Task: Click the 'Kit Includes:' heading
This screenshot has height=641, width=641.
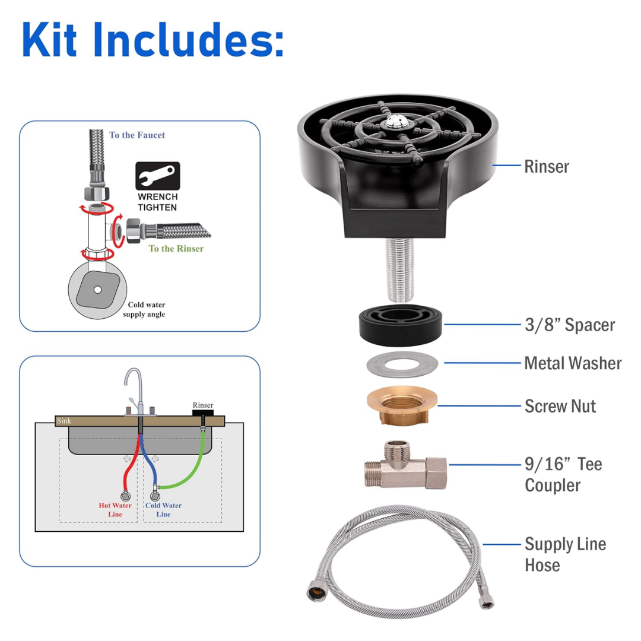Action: click(x=153, y=40)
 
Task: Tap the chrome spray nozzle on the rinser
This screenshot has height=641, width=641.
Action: click(x=396, y=122)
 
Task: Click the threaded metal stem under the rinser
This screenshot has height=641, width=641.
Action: click(x=400, y=270)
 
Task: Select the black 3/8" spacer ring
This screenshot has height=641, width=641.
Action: click(x=401, y=325)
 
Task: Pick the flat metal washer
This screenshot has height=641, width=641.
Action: click(x=402, y=364)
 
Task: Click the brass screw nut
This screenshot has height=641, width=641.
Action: click(x=402, y=405)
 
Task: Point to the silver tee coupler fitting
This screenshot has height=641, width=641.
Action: click(x=405, y=466)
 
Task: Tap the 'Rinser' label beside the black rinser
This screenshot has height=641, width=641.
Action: click(x=547, y=166)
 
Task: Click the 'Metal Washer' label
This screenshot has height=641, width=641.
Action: click(x=573, y=363)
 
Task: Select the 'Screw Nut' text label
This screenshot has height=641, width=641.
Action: click(x=560, y=406)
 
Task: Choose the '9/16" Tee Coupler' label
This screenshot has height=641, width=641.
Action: click(x=563, y=475)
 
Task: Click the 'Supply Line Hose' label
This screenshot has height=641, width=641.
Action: click(x=566, y=554)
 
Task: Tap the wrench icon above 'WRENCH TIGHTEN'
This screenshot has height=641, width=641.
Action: click(x=158, y=176)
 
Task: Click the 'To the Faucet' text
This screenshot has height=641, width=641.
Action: click(x=137, y=135)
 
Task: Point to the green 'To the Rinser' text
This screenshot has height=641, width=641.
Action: click(x=176, y=249)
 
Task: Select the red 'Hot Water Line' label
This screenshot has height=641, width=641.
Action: click(x=115, y=510)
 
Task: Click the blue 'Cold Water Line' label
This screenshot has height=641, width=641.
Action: click(x=163, y=510)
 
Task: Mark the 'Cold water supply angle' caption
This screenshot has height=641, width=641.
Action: click(x=144, y=309)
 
